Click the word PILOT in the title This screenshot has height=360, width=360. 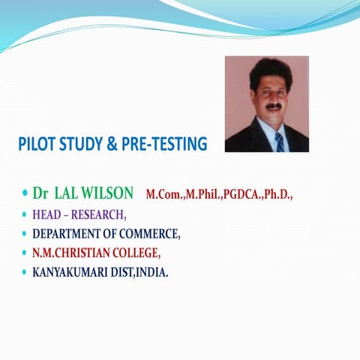35,143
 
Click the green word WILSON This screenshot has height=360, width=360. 107,193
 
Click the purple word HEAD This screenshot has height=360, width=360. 46,214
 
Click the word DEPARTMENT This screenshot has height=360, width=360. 68,234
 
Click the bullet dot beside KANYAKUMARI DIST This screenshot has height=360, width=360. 23,272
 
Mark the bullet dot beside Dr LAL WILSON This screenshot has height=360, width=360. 23,194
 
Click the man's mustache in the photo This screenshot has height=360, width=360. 274,106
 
